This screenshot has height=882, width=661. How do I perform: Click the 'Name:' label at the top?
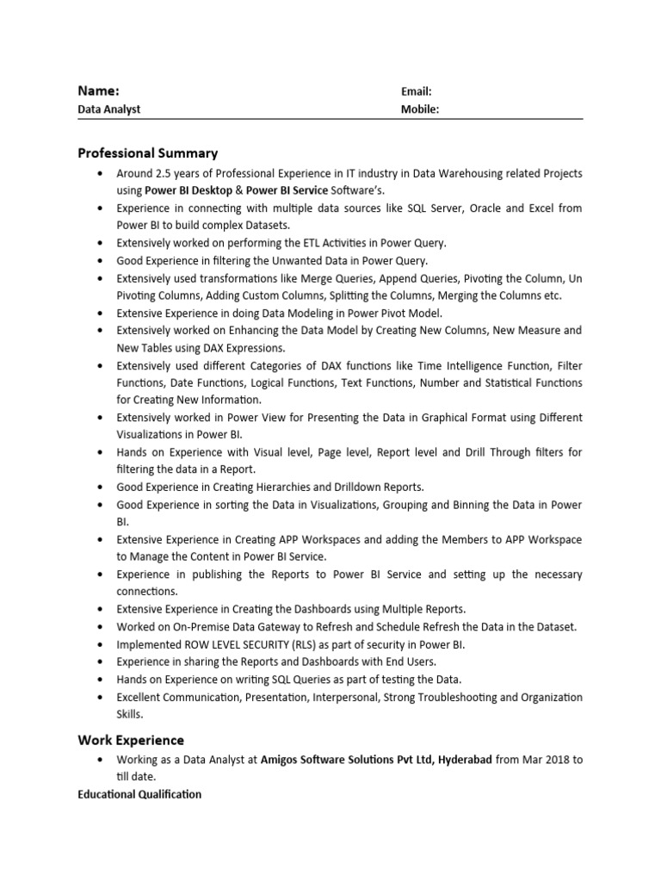98,90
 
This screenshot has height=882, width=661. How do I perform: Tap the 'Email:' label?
416,91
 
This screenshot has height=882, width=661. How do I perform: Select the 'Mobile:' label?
420,109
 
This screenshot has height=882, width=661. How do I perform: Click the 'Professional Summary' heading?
147,153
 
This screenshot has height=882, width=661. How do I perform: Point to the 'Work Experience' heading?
131,740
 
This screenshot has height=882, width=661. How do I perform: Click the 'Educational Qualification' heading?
139,794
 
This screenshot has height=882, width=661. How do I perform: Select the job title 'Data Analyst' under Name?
108,109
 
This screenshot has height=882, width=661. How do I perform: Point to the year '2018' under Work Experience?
554,760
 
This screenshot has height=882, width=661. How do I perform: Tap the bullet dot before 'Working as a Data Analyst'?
102,760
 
